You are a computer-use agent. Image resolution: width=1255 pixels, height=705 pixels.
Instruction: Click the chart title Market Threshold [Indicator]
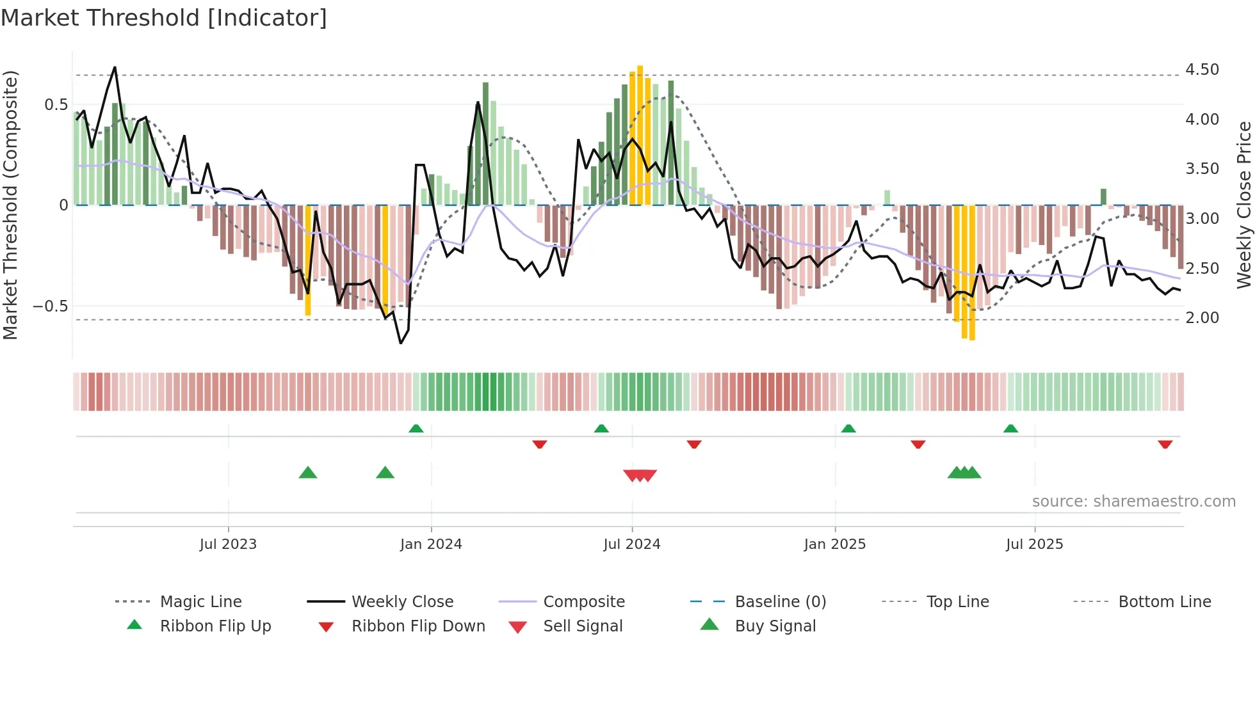click(x=164, y=18)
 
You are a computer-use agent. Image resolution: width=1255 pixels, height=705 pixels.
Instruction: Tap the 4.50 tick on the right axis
click(x=1202, y=69)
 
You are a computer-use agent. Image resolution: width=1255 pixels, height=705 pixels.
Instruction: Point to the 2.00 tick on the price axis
click(x=1202, y=317)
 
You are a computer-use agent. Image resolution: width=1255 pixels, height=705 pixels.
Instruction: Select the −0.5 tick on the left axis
click(x=51, y=306)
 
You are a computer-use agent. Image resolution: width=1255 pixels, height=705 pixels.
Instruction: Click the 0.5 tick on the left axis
click(x=56, y=105)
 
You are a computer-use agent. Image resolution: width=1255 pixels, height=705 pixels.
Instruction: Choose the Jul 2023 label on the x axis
click(x=228, y=544)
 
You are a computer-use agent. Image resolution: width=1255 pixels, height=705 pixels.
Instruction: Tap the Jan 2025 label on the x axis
click(x=834, y=544)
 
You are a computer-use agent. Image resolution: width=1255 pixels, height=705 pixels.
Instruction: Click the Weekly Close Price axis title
click(x=1243, y=205)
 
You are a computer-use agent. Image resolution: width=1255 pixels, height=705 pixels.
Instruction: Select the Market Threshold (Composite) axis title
click(x=10, y=205)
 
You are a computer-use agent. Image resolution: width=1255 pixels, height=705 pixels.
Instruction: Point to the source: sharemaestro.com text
click(x=1133, y=502)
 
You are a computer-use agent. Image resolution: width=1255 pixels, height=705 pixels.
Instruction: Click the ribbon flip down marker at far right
click(x=1165, y=444)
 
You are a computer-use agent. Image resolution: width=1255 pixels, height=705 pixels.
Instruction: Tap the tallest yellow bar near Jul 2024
click(x=640, y=134)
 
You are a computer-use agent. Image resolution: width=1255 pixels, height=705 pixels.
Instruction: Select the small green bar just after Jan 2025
click(x=887, y=197)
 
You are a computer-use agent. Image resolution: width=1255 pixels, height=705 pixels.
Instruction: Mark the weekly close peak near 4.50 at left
click(x=115, y=67)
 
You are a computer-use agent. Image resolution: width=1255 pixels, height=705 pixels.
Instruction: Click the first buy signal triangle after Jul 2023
click(x=308, y=473)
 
